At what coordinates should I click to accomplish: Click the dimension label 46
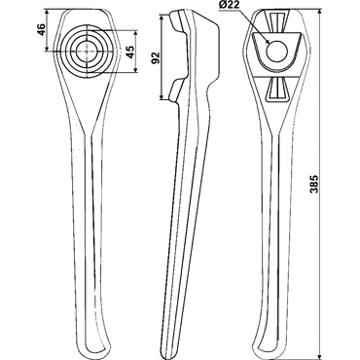pos(41,29)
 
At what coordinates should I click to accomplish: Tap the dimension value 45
pos(129,52)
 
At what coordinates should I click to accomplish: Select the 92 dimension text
pos(156,57)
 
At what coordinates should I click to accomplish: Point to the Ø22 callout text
pos(232,6)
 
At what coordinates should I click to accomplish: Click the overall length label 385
pos(313,185)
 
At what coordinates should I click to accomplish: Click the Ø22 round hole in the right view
pos(277,52)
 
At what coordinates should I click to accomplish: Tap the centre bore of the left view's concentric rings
pos(87,51)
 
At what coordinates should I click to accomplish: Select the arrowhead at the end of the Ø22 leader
pos(268,42)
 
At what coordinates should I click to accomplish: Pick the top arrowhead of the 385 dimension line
pos(320,13)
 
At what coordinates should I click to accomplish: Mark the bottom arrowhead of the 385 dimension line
pos(320,352)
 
